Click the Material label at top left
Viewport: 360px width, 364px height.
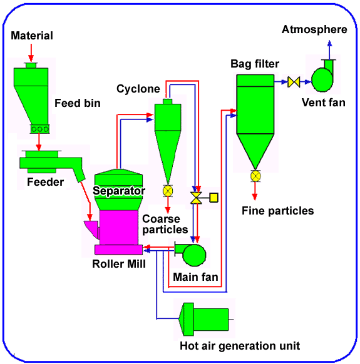pos(32,36)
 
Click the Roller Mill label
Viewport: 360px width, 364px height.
pos(118,264)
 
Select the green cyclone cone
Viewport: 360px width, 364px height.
pos(168,147)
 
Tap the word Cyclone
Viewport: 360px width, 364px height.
pos(138,89)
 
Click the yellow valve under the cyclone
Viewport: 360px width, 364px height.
pos(168,190)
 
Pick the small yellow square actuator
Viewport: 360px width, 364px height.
pos(213,198)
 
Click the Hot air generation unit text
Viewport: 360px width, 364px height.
pos(240,346)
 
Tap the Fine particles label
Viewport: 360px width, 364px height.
pos(277,211)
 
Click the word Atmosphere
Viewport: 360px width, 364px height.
pos(314,29)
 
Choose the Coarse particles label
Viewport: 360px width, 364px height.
pos(161,225)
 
